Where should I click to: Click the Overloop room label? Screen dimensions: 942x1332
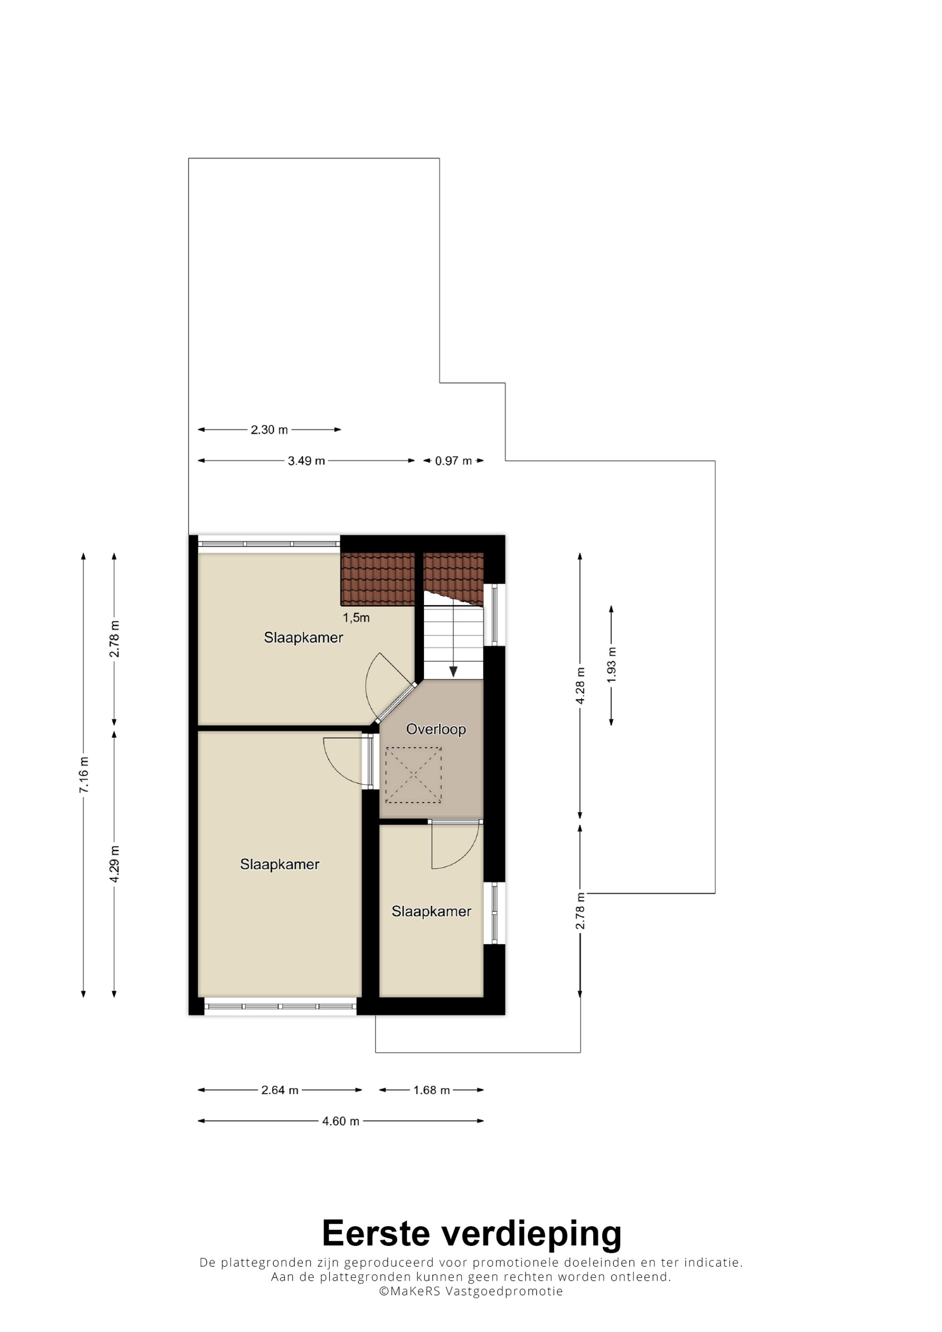click(x=436, y=729)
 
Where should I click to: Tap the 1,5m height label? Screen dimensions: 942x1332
click(x=356, y=618)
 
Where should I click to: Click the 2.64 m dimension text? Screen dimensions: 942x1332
click(x=280, y=1090)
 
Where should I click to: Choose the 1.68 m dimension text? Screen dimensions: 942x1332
click(x=432, y=1090)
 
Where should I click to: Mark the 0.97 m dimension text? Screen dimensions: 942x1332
click(x=453, y=461)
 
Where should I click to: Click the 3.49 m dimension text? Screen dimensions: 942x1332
click(x=307, y=461)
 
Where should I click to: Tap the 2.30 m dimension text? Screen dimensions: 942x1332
click(x=269, y=430)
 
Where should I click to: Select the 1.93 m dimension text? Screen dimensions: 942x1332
click(x=611, y=665)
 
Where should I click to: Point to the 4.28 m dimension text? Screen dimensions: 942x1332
click(x=580, y=686)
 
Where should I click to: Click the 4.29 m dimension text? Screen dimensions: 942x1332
click(x=114, y=864)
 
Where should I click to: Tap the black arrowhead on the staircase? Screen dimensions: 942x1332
click(x=453, y=671)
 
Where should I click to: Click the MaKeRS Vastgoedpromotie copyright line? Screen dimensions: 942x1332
click(x=471, y=1292)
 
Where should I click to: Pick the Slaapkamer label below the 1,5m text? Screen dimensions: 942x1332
click(x=303, y=638)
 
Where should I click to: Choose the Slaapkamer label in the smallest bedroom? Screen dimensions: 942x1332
click(x=431, y=911)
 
